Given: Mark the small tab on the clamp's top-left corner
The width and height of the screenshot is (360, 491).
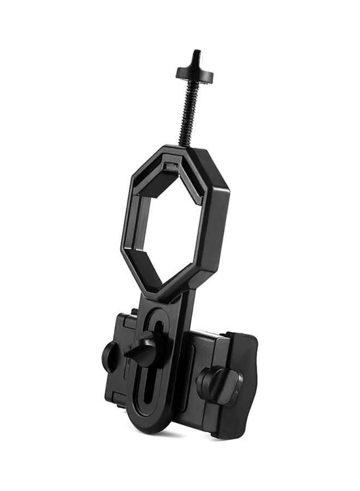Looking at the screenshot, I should pyautogui.click(x=133, y=313).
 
